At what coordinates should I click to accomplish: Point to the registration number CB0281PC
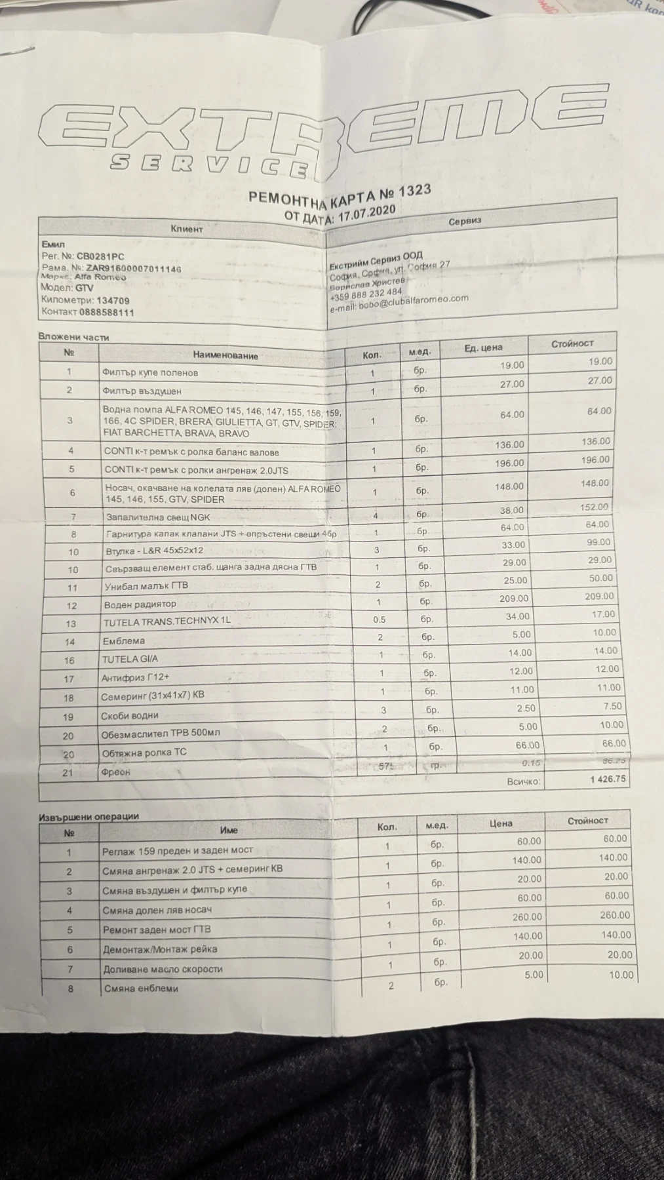(x=100, y=257)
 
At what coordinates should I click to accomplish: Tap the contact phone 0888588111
(x=106, y=312)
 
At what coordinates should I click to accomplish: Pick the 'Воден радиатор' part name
(x=140, y=604)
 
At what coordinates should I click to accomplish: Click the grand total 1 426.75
(x=608, y=779)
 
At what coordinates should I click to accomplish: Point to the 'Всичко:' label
(x=523, y=781)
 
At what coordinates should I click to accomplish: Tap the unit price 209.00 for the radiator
(x=513, y=599)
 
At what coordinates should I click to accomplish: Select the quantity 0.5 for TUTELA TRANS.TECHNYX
(x=379, y=619)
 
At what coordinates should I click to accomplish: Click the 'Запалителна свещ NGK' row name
(x=157, y=517)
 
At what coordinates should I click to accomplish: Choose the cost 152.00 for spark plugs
(x=595, y=507)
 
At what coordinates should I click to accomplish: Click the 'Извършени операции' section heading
(x=88, y=816)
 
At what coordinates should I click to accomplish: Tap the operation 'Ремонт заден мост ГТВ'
(x=157, y=930)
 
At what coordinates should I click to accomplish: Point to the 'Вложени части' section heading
(x=73, y=337)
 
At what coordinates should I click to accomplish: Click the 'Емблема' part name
(x=123, y=641)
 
